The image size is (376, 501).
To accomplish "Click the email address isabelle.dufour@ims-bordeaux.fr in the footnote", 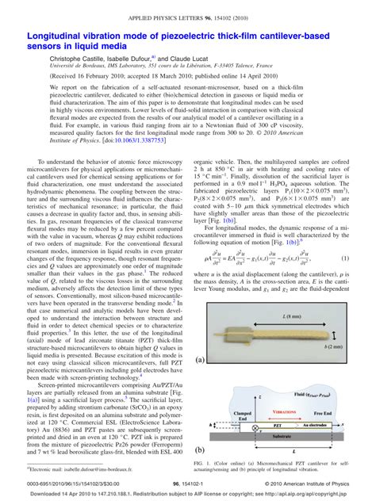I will click(87, 469).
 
